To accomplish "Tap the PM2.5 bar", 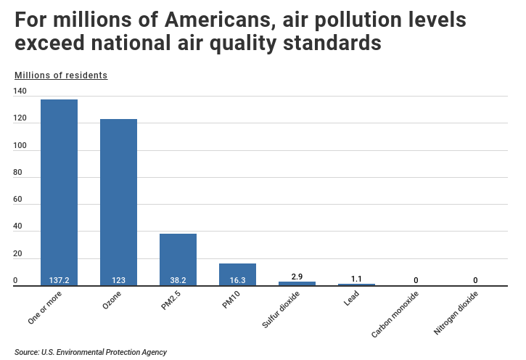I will click(178, 258).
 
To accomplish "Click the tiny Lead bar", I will click(356, 285).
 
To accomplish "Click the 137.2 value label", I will click(59, 280).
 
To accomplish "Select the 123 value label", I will click(118, 280).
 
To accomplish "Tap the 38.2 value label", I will click(178, 280).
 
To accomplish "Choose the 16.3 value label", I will click(237, 280).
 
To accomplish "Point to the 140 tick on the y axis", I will click(20, 91).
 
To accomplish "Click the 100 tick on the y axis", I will click(20, 146).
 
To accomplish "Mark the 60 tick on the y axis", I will click(17, 200).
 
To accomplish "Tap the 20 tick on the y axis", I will click(17, 254).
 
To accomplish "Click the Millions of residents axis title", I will click(60, 75).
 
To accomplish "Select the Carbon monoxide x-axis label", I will click(395, 314).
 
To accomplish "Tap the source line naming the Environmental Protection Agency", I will click(90, 352).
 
